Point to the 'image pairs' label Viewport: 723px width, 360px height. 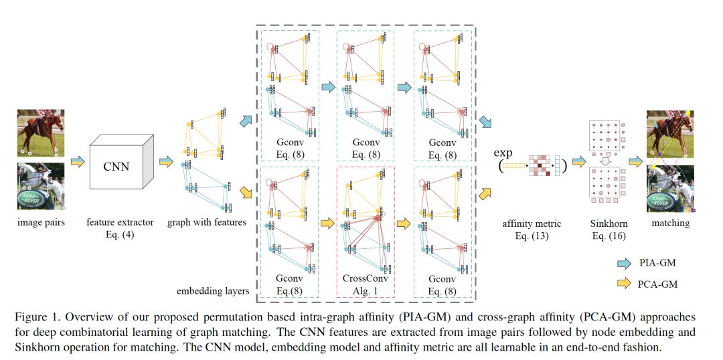[x=41, y=222]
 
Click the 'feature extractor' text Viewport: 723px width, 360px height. [x=120, y=222]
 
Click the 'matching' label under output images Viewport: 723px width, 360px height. [x=670, y=222]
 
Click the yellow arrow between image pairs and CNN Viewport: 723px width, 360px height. [x=78, y=161]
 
